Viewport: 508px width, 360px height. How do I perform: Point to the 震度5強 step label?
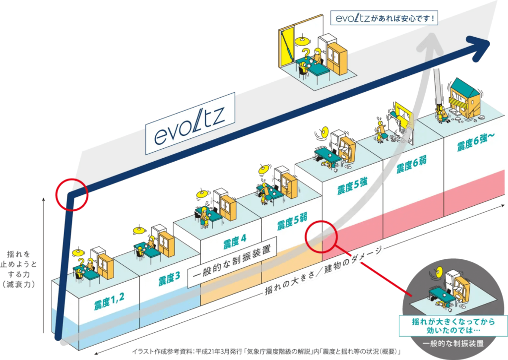click(352, 188)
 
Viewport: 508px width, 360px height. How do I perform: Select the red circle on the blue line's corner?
click(72, 194)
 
